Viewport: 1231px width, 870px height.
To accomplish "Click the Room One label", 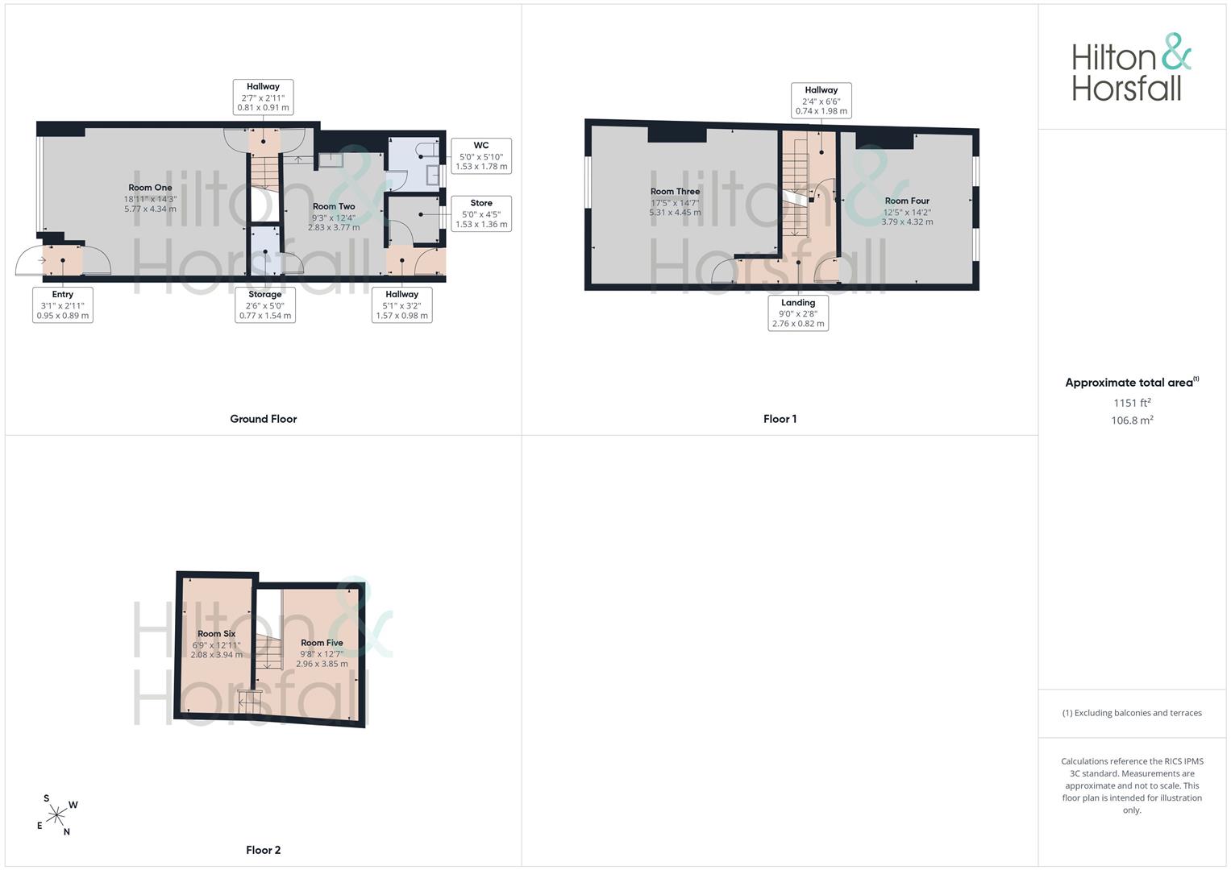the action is pyautogui.click(x=150, y=188).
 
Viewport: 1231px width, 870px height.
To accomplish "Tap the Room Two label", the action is pyautogui.click(x=334, y=206).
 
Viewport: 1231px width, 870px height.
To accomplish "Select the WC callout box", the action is pyautogui.click(x=481, y=156).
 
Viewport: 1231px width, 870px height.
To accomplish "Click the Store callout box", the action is pyautogui.click(x=481, y=213).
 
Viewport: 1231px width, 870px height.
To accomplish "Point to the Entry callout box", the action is pyautogui.click(x=63, y=304).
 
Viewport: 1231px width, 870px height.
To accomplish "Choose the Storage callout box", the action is pyautogui.click(x=265, y=304).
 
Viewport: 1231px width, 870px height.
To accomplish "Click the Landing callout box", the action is pyautogui.click(x=798, y=313).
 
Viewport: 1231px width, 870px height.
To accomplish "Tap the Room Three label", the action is pyautogui.click(x=675, y=192).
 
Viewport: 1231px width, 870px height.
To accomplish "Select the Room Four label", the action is pyautogui.click(x=907, y=201).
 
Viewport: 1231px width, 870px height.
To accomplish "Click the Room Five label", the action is pyautogui.click(x=322, y=643).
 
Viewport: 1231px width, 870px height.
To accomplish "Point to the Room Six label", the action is pyautogui.click(x=217, y=634).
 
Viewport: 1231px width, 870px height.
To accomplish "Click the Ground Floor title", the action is pyautogui.click(x=264, y=419).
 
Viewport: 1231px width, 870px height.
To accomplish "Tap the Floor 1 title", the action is pyautogui.click(x=780, y=419).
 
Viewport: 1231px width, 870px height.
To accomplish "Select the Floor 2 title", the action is pyautogui.click(x=264, y=850).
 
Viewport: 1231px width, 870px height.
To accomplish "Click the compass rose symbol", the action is pyautogui.click(x=56, y=815).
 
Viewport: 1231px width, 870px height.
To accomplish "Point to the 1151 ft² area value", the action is pyautogui.click(x=1132, y=403).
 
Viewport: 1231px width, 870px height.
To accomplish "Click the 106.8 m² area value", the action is pyautogui.click(x=1132, y=420).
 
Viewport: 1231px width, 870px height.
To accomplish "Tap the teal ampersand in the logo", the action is pyautogui.click(x=1177, y=52).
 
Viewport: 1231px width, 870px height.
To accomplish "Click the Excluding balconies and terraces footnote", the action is pyautogui.click(x=1132, y=713).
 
